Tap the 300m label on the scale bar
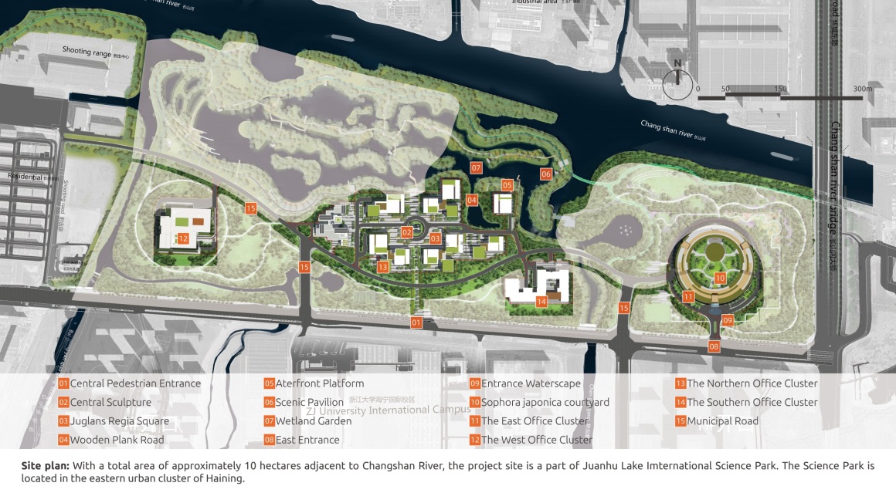coord(862,89)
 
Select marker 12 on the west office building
coord(183,239)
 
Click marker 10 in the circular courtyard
coord(719,278)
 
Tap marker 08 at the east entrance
coord(714,346)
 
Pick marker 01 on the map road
coord(416,322)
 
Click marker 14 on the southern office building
coord(541,302)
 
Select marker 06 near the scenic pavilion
coord(546,174)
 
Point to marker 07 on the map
coord(476,168)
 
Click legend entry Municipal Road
coord(722,421)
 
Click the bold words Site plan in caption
coord(46,466)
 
